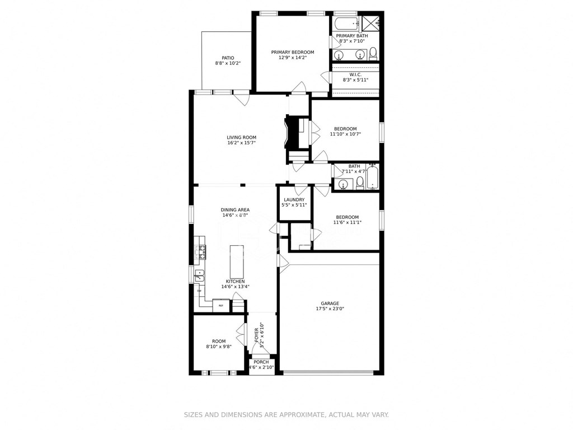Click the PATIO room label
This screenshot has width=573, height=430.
tap(228, 58)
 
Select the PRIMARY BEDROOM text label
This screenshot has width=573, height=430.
tap(293, 52)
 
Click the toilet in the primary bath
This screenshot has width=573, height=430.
tap(373, 53)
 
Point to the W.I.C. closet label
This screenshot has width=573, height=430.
tap(355, 74)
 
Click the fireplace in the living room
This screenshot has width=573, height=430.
tap(290, 133)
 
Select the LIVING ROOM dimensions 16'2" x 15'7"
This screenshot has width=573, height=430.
tap(241, 143)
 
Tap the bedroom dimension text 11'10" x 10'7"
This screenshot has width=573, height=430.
tap(345, 134)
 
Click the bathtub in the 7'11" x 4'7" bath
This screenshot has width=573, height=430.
tap(373, 177)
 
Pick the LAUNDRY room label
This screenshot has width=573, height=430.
tap(294, 200)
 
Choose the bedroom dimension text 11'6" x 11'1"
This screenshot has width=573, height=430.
tap(347, 222)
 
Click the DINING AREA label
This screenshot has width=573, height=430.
tap(235, 209)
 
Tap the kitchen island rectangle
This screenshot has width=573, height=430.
tap(237, 261)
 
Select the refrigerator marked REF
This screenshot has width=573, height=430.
tap(221, 306)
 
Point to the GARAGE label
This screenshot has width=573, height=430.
tap(330, 303)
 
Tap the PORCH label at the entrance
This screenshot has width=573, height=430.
tap(261, 362)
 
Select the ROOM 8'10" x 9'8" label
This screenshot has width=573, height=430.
tap(219, 341)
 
